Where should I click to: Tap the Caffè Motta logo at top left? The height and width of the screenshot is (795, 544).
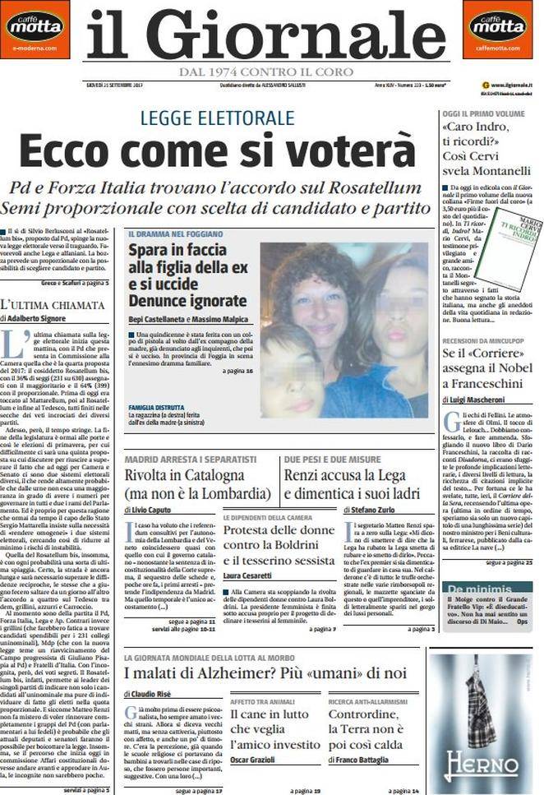point(35,25)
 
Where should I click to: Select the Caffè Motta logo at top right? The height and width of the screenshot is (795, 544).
point(498,25)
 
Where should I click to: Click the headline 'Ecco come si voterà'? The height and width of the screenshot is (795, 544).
point(217,151)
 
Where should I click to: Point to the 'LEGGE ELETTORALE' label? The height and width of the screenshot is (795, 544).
point(217,117)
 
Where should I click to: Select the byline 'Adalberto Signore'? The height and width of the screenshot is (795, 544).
point(38,317)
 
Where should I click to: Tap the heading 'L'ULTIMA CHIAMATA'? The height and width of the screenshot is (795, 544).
point(53,304)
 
